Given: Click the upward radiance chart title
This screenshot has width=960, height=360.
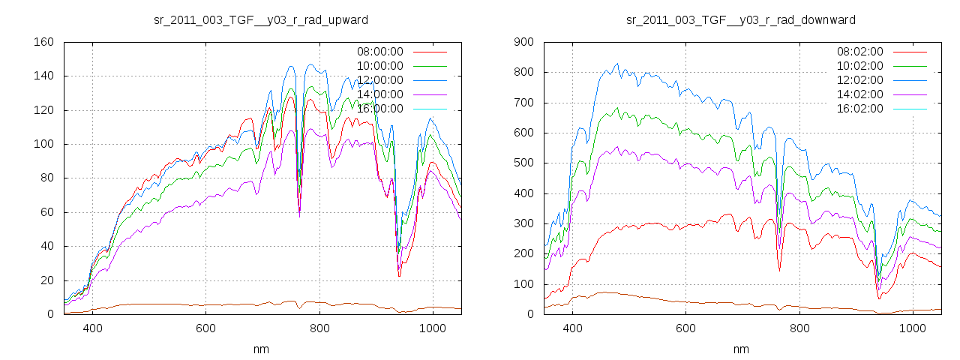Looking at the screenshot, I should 260,19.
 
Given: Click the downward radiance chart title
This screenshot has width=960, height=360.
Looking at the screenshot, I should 740,19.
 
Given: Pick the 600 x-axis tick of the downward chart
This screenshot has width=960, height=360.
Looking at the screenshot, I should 685,328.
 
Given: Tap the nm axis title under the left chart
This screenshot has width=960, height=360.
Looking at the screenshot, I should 260,349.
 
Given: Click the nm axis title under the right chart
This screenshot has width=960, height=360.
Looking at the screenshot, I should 740,349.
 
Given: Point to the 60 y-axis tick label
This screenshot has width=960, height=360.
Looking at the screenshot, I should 47,212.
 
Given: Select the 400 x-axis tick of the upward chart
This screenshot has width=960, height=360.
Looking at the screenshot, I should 92,328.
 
